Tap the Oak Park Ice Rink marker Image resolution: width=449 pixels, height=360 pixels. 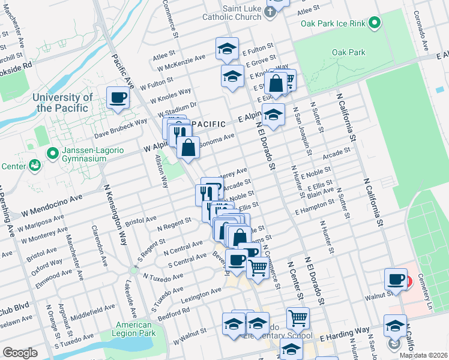375,23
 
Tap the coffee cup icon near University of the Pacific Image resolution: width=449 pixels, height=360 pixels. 118,97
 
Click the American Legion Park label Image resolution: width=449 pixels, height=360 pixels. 135,329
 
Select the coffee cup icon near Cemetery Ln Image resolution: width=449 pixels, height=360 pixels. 396,279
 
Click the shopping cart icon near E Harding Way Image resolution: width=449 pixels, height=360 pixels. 298,318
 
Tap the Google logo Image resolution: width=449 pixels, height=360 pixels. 20,353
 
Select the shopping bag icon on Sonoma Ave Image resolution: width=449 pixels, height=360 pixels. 188,147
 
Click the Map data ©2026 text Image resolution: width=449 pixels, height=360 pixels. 423,355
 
